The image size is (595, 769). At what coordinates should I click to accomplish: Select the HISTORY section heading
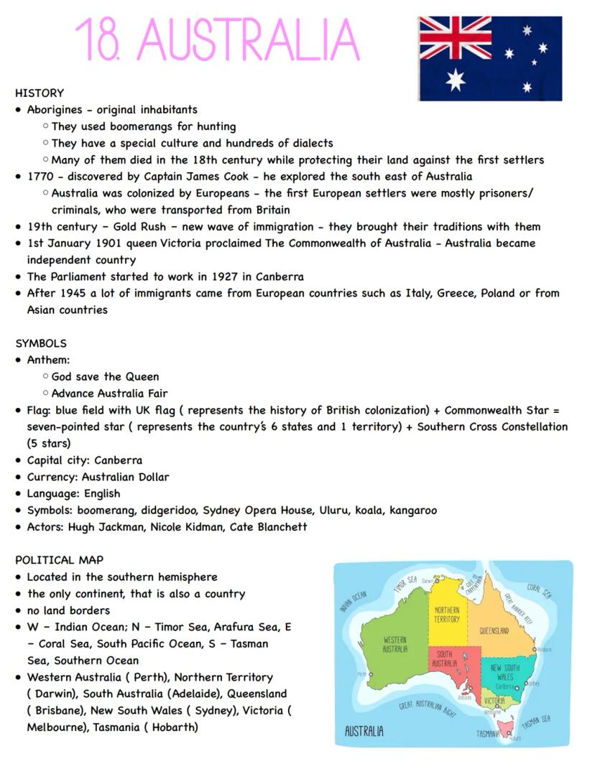click(40, 93)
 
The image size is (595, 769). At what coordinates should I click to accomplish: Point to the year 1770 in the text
click(40, 176)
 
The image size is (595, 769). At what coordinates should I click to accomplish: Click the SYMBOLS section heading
click(41, 343)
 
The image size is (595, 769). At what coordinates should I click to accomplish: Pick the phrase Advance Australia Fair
click(111, 393)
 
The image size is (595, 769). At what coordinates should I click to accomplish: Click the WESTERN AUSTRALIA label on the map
click(395, 643)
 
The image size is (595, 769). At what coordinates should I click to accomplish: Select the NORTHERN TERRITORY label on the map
click(446, 615)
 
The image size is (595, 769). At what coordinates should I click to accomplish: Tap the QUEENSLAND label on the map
click(494, 631)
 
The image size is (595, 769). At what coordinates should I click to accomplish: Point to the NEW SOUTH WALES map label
click(505, 672)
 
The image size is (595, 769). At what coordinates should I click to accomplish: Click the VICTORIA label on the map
click(494, 700)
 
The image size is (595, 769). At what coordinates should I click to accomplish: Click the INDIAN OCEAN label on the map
click(353, 602)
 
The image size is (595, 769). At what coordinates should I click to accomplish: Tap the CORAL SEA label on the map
click(538, 590)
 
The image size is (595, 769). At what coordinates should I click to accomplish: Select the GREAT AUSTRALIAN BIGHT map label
click(428, 709)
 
